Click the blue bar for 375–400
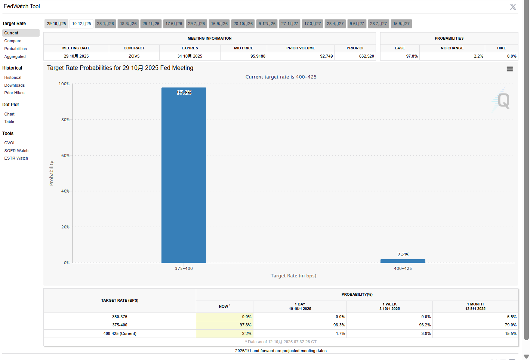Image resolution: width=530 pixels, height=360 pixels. (x=184, y=176)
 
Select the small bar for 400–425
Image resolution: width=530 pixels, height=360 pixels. (x=403, y=261)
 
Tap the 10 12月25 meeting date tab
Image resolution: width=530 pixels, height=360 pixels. (x=81, y=24)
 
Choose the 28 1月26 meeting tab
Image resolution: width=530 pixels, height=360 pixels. (x=105, y=24)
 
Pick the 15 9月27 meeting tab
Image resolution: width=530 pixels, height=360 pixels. (x=401, y=24)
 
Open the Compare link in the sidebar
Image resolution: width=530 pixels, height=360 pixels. (x=13, y=41)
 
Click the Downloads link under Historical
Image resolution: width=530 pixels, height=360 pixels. (x=15, y=85)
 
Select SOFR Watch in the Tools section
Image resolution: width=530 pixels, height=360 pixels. (x=16, y=151)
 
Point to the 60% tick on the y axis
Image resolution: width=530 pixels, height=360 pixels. (x=65, y=156)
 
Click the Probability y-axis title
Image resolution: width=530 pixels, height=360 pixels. (x=52, y=173)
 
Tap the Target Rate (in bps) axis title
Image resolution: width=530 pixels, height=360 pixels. (x=293, y=276)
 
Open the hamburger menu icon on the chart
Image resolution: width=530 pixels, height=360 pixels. (x=509, y=69)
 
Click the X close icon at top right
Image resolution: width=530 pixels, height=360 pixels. (x=513, y=7)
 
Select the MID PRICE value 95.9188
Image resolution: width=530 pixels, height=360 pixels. (x=258, y=56)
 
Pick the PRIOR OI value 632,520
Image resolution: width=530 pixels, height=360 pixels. (x=366, y=56)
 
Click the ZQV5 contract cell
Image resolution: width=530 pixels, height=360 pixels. (x=134, y=56)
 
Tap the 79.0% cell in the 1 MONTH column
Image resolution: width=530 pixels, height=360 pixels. (x=511, y=325)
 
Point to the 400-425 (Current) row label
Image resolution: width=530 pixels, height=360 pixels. (x=120, y=333)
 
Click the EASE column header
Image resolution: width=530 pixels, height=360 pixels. (x=400, y=48)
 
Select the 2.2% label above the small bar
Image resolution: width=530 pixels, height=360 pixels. (x=403, y=255)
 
